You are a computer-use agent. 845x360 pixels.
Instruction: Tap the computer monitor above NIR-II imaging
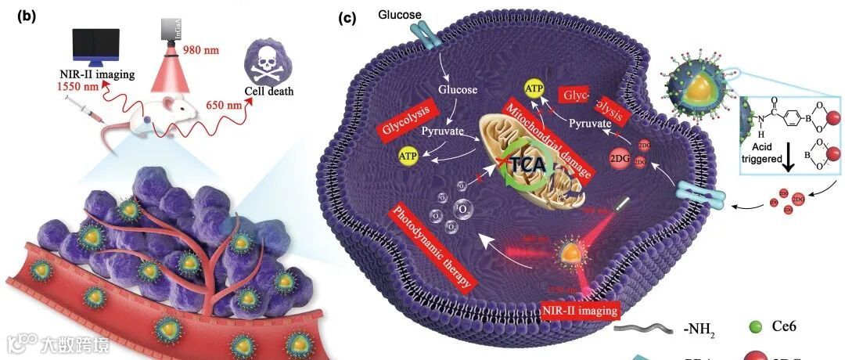[x=95, y=47]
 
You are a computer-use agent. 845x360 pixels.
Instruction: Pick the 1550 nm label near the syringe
[x=78, y=87]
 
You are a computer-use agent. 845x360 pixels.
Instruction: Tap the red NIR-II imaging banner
[x=579, y=310]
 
